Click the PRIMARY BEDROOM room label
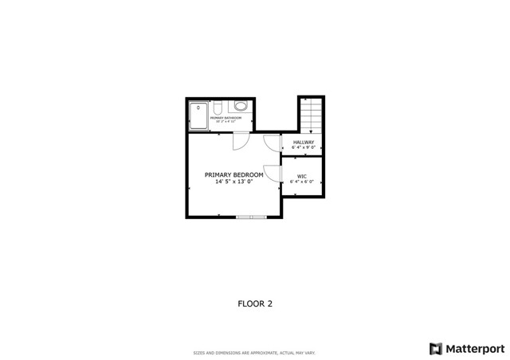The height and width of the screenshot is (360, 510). coord(233,174)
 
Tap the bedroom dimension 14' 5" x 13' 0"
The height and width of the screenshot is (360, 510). coord(233,182)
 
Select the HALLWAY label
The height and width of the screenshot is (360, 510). coord(303,143)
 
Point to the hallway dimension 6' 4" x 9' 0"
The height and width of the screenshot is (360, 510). coord(303,148)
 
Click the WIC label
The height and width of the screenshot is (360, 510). coord(302,176)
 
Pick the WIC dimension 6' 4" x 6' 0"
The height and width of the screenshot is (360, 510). coord(302,182)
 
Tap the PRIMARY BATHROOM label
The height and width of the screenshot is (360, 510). coord(226,118)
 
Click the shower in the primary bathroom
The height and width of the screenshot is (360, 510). coord(198,115)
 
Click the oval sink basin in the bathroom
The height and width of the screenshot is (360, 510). coord(241,106)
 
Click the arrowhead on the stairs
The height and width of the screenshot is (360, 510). coord(311,131)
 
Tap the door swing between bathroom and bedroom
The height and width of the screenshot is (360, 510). coord(240,141)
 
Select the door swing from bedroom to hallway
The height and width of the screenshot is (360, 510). coord(272,143)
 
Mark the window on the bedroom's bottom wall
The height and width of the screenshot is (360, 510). coord(249,216)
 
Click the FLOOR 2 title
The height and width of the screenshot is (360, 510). coord(255,303)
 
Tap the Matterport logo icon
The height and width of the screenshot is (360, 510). coord(435,348)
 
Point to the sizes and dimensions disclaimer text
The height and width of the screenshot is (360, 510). coord(255,353)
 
